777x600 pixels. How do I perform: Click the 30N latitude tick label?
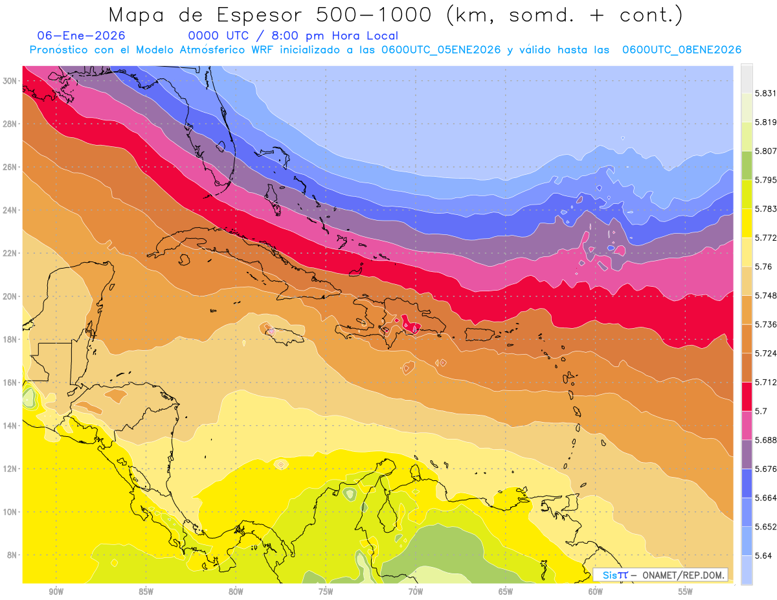(10, 81)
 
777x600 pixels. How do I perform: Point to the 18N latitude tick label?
(10, 339)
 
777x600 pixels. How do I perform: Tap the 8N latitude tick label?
(12, 555)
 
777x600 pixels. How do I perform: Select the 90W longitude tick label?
(56, 592)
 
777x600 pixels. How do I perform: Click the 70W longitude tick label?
(415, 592)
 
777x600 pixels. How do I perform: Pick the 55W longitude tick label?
(685, 592)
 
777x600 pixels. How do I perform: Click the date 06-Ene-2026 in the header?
(82, 36)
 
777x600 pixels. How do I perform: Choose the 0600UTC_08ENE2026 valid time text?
(681, 50)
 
